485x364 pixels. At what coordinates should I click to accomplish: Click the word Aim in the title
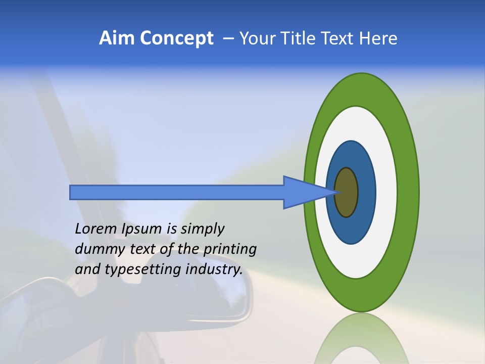(117, 38)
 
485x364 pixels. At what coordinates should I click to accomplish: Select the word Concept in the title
(176, 39)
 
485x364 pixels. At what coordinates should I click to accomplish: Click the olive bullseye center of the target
(346, 192)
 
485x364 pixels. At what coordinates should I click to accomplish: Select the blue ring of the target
(366, 192)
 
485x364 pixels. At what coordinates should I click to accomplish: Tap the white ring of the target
(386, 192)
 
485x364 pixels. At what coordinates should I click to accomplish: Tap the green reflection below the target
(361, 339)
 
